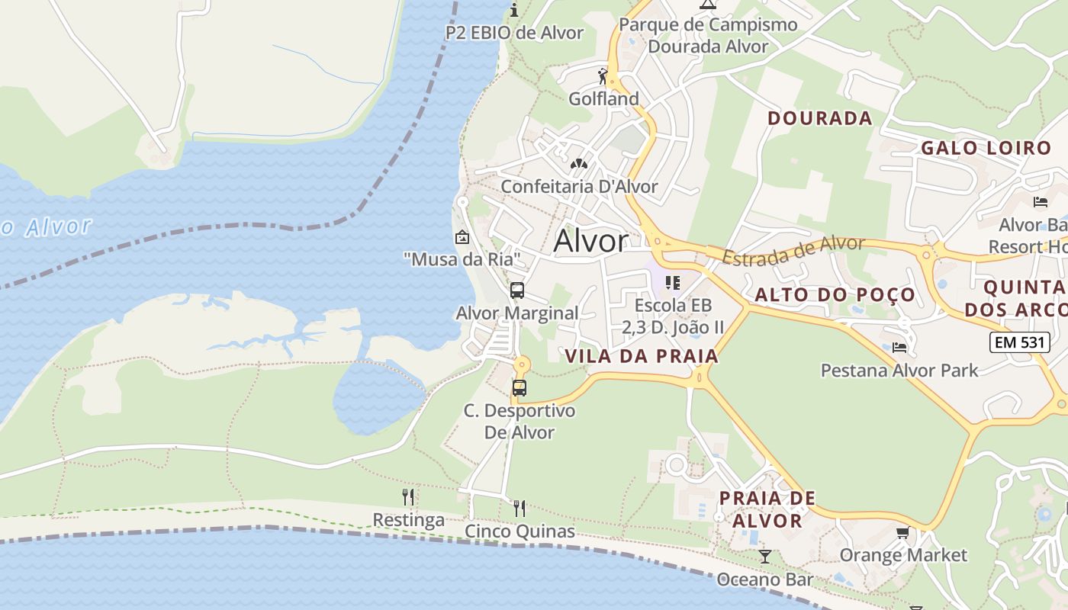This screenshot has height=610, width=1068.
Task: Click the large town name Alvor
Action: point(591,241)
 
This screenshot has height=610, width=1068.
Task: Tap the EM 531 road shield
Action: point(1019,342)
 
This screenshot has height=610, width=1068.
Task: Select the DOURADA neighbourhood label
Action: point(820,118)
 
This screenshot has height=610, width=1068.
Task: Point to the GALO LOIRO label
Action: point(986,148)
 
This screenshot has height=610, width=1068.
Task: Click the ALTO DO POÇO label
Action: point(835,295)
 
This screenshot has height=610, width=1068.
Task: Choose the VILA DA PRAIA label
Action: point(642,356)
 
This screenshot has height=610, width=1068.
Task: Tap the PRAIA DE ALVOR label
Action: point(767,509)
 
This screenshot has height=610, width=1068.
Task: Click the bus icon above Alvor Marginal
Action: point(517,290)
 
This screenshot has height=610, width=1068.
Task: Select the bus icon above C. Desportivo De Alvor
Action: point(520,387)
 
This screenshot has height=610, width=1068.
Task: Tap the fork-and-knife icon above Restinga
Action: point(408,497)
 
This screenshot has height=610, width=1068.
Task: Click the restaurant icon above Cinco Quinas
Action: point(520,508)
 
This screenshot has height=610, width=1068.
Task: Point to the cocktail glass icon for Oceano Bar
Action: point(765,557)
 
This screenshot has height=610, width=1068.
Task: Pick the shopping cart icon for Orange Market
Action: point(902,532)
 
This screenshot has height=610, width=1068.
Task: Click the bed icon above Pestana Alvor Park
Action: point(899,348)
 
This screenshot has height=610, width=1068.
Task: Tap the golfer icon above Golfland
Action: point(603,76)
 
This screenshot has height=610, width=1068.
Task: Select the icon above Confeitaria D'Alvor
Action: point(579,163)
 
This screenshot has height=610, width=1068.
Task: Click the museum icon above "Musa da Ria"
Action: point(462,237)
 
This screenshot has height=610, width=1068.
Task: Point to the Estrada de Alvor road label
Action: point(793,251)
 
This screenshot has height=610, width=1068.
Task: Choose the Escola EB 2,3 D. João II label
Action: point(673,316)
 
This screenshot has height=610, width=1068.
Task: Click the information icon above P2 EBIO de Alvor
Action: point(514,10)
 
